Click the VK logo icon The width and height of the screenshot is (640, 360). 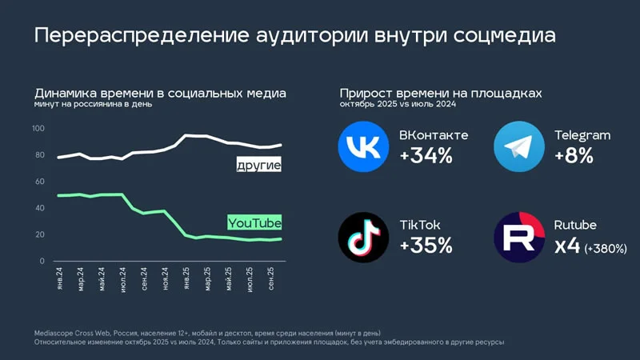point(365,147)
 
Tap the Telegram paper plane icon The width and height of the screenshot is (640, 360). point(520,147)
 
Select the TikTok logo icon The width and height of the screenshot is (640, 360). point(365,237)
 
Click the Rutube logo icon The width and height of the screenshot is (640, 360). point(520,237)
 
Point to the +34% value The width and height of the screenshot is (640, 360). point(426,156)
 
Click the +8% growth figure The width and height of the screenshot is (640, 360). point(574,156)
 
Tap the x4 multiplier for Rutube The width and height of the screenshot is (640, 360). point(567,246)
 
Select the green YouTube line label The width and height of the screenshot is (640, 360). point(254,222)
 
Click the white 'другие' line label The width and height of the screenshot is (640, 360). point(258,166)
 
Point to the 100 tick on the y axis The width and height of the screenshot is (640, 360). point(38,129)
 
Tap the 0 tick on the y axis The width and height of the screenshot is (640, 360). point(42,262)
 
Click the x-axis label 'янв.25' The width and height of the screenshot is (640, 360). point(186,282)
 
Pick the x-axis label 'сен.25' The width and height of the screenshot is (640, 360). point(271,282)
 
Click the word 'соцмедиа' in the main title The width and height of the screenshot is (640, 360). point(500,36)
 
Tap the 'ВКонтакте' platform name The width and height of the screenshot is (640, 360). point(434,134)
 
